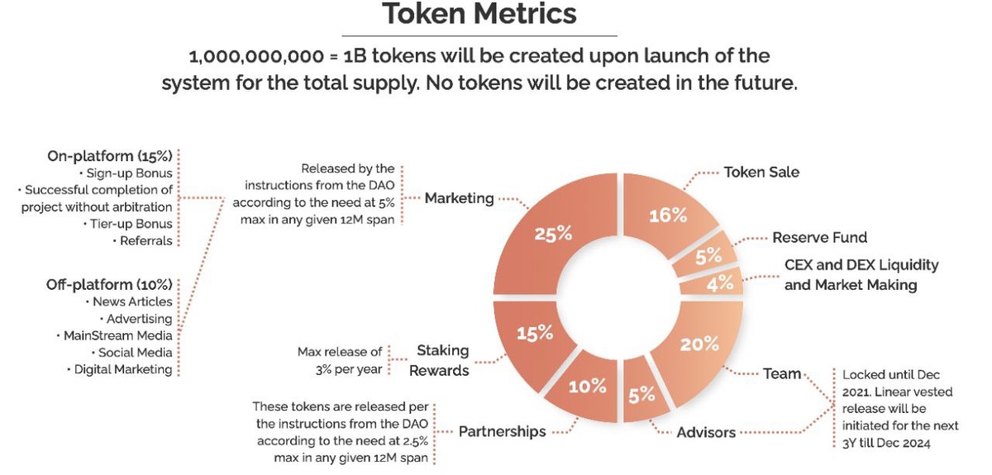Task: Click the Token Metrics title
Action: pyautogui.click(x=479, y=15)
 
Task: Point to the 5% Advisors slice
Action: pyautogui.click(x=641, y=395)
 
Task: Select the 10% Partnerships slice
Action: pyautogui.click(x=588, y=386)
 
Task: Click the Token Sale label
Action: pyautogui.click(x=761, y=173)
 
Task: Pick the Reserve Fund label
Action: pyautogui.click(x=819, y=238)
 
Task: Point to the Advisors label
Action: pyautogui.click(x=706, y=433)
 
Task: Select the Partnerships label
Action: pyautogui.click(x=502, y=431)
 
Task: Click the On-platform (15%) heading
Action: pyautogui.click(x=110, y=156)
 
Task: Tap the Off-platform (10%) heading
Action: pyautogui.click(x=109, y=285)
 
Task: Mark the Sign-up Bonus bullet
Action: pyautogui.click(x=129, y=173)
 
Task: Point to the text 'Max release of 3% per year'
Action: pyautogui.click(x=340, y=361)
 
